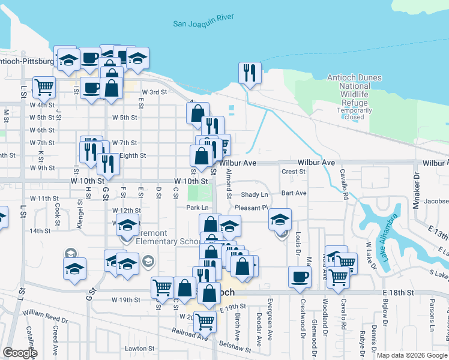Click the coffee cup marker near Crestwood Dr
click(300, 277)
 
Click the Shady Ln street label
click(255, 195)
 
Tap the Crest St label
click(294, 172)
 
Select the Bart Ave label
click(294, 193)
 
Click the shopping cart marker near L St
click(44, 87)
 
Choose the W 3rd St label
click(154, 92)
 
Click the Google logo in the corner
click(20, 353)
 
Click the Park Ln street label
click(197, 208)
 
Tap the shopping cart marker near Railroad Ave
click(205, 322)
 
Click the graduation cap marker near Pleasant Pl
click(280, 219)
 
